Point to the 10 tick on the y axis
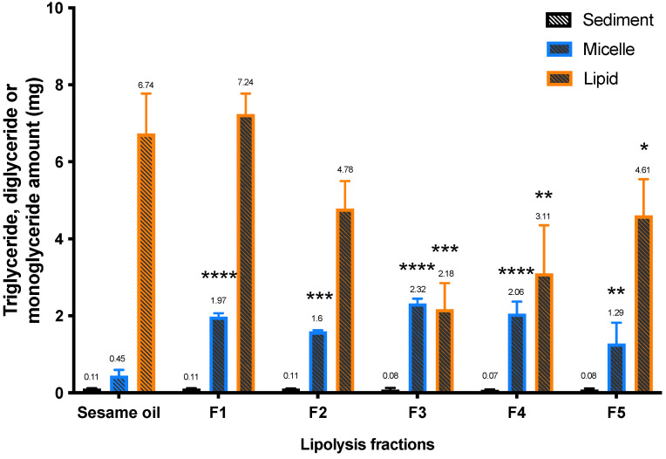point(53,9)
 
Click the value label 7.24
point(246,83)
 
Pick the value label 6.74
point(146,84)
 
